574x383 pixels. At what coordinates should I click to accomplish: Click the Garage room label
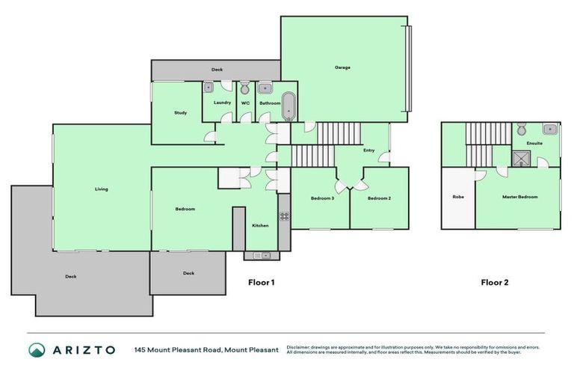click(342, 67)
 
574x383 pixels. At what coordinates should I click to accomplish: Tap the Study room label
click(180, 113)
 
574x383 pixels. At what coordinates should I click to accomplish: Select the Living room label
click(101, 189)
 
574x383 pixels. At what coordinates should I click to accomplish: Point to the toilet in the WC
click(244, 88)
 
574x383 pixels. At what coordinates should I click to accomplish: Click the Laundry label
click(222, 102)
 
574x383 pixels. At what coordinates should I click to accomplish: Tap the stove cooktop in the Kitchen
click(284, 216)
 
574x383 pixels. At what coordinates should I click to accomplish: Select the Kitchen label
click(259, 225)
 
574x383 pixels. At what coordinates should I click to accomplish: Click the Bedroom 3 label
click(322, 197)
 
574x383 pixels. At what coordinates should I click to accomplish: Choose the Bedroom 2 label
click(380, 197)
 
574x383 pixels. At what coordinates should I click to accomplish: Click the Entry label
click(368, 150)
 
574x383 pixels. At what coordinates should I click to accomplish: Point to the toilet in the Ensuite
click(521, 128)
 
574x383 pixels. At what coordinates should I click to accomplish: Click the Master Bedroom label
click(519, 197)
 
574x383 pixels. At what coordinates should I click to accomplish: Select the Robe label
click(457, 197)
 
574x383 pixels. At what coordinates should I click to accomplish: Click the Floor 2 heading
click(494, 283)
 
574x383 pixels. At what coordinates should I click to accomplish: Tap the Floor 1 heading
click(262, 283)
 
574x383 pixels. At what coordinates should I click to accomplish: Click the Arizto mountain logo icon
click(37, 349)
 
